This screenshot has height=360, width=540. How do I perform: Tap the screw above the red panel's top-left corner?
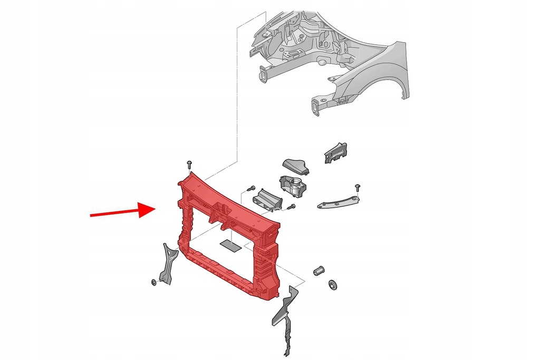click(189, 165)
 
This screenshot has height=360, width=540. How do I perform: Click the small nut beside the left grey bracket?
click(153, 283)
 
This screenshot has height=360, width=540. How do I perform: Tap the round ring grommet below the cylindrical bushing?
click(332, 285)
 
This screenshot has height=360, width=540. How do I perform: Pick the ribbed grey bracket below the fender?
click(335, 152)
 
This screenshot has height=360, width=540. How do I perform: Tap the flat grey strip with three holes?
click(337, 201)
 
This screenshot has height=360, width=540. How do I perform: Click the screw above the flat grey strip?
click(358, 187)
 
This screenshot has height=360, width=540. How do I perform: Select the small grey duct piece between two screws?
click(268, 201)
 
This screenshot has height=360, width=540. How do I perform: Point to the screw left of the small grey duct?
click(250, 188)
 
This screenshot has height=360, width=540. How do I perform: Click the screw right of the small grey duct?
click(291, 207)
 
